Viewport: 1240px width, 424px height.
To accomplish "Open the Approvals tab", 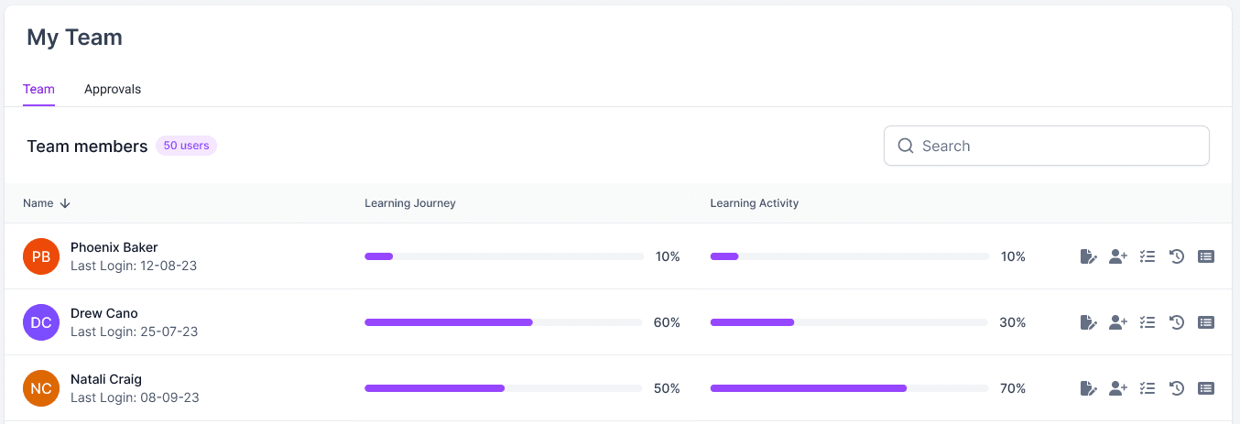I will click(x=113, y=89).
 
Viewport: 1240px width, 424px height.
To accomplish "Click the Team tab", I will click(x=38, y=89).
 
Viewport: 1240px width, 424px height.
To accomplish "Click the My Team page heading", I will click(x=74, y=38).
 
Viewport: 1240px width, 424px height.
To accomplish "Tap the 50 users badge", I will click(x=186, y=146).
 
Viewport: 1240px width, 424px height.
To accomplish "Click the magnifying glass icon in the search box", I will click(x=906, y=146).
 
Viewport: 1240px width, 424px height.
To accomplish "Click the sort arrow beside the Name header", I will click(x=65, y=203).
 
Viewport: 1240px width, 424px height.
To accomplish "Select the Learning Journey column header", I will click(x=409, y=203).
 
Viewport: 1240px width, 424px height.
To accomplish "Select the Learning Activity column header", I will click(x=754, y=203).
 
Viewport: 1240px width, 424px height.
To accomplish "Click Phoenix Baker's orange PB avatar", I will click(x=41, y=256).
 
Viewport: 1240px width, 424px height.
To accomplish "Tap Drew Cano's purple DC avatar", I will click(x=41, y=322).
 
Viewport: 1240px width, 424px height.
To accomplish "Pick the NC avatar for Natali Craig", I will click(x=41, y=388).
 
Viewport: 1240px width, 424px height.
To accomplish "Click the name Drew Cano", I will click(x=104, y=313).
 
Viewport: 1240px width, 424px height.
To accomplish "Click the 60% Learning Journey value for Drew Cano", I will click(x=667, y=322).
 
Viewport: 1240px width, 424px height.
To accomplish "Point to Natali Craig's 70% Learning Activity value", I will click(x=1013, y=388).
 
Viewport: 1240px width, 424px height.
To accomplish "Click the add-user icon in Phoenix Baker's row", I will click(x=1117, y=256).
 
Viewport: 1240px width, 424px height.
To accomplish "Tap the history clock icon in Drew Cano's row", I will click(x=1177, y=322).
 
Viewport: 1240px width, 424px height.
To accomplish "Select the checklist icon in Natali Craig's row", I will click(x=1148, y=388).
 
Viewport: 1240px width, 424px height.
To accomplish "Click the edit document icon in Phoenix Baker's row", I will click(x=1088, y=256).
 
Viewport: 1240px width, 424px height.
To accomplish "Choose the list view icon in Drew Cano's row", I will click(x=1206, y=322).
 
